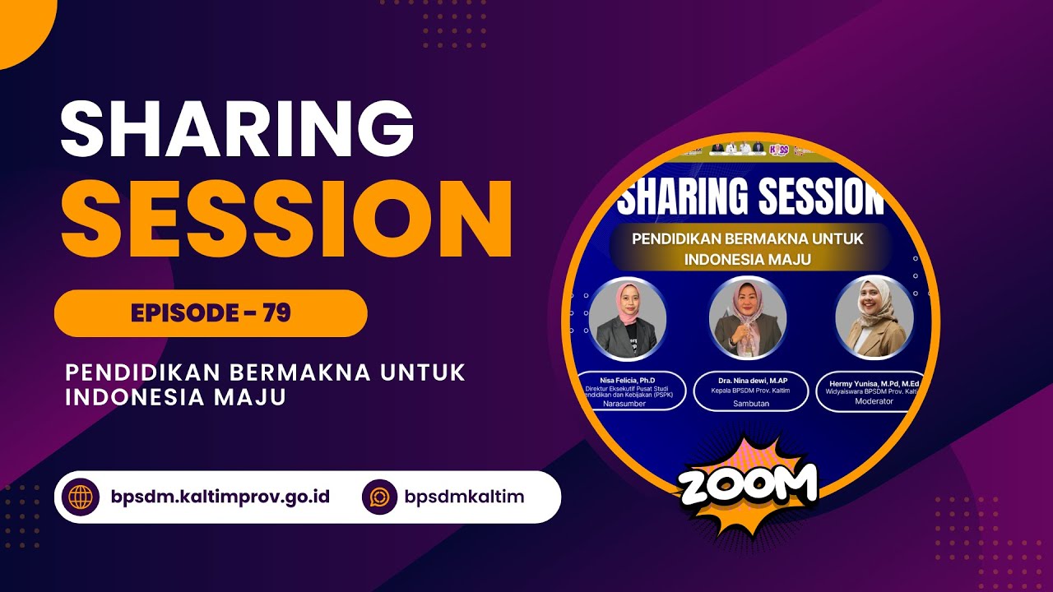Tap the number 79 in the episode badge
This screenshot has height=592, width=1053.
click(x=277, y=313)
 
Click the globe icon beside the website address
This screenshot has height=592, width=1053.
click(x=81, y=497)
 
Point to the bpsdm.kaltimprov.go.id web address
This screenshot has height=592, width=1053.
click(x=220, y=497)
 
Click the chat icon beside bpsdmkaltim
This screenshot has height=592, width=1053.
click(x=380, y=497)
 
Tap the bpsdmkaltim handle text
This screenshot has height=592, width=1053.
click(x=464, y=497)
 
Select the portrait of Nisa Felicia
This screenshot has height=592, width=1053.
click(x=627, y=319)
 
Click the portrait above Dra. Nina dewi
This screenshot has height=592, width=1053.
click(x=748, y=317)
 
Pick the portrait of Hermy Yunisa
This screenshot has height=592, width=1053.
click(x=874, y=316)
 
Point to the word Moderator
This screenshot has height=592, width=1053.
click(x=874, y=401)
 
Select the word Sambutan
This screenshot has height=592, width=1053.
click(x=750, y=403)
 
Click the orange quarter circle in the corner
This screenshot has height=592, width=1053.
click(x=21, y=25)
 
